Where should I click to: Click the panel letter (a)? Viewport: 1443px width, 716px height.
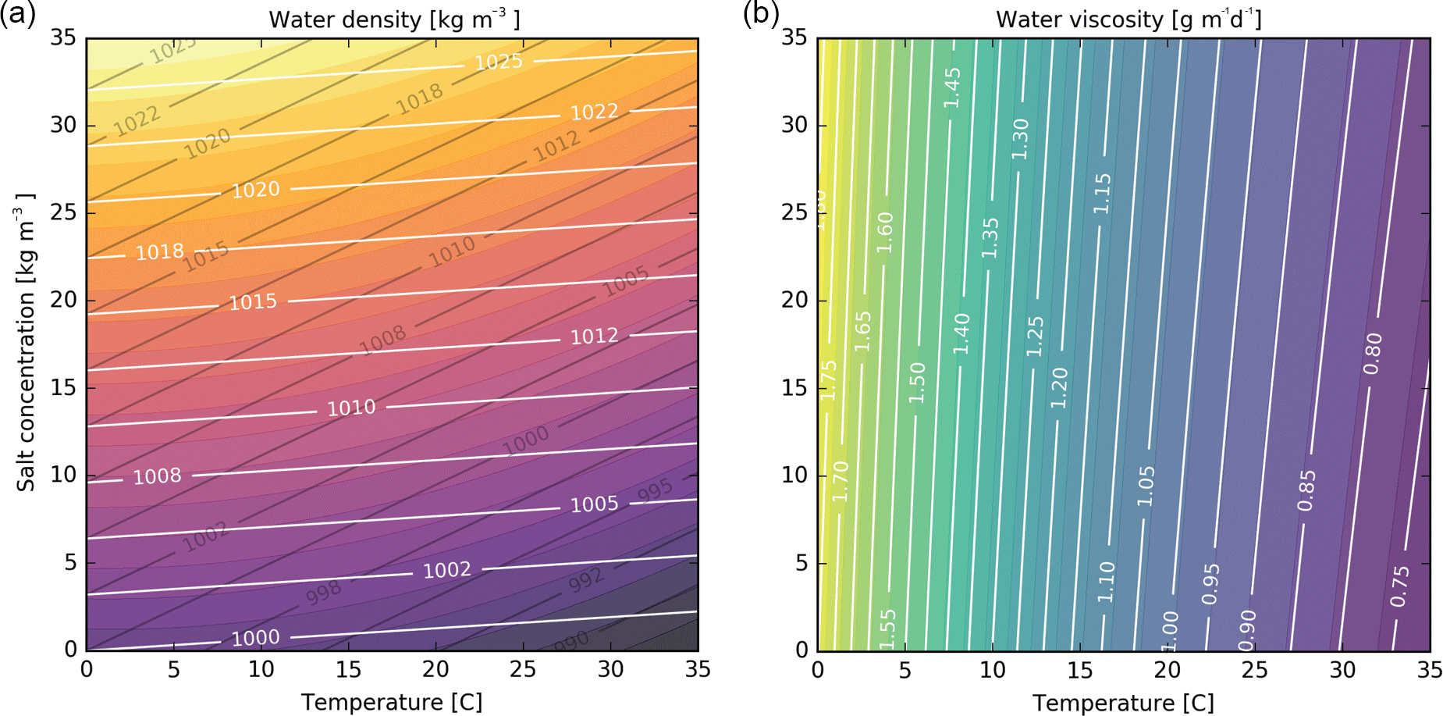tap(17, 14)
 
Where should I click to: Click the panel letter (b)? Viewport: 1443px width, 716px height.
tap(760, 14)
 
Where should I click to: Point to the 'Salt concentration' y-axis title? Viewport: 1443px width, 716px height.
tap(26, 343)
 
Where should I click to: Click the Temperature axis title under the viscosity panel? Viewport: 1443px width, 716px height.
tap(1123, 703)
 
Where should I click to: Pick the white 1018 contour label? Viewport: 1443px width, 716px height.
tap(160, 252)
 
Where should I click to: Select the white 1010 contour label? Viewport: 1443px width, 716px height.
tap(351, 408)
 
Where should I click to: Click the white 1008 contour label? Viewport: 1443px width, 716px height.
tap(157, 476)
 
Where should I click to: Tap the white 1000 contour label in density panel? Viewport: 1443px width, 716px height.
tap(255, 638)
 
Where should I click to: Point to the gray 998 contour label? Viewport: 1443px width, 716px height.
tap(323, 593)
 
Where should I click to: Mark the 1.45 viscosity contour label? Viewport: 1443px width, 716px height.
tap(952, 88)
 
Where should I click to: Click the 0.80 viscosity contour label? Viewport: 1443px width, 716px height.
tap(1373, 353)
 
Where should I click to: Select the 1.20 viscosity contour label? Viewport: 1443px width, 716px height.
tap(1059, 388)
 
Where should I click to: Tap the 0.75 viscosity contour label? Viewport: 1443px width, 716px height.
tap(1400, 586)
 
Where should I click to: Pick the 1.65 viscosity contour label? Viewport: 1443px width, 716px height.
tap(862, 331)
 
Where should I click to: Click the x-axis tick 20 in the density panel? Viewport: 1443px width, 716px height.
tap(435, 669)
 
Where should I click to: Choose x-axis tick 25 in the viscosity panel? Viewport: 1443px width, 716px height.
tap(1255, 669)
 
